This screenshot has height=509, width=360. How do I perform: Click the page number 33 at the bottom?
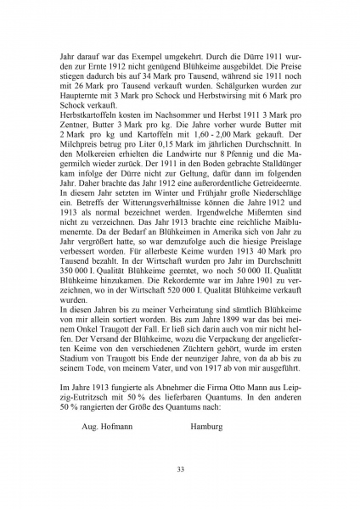(x=180, y=469)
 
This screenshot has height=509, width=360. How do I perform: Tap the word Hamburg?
(x=207, y=427)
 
